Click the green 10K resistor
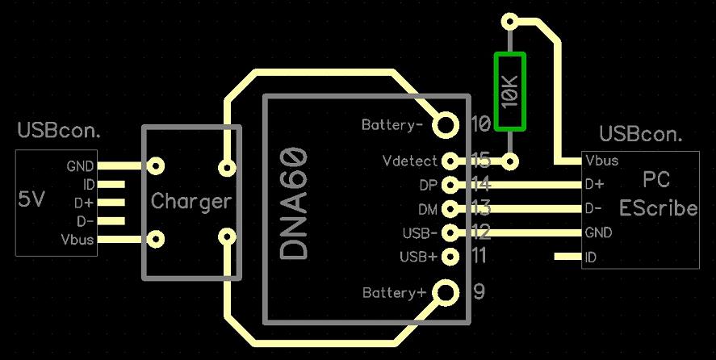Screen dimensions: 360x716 [x=510, y=91]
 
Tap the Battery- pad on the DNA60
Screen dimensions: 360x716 [x=445, y=124]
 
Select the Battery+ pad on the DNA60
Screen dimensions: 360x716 [x=445, y=292]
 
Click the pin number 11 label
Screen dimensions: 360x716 [x=480, y=257]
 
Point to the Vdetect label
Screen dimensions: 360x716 [x=409, y=161]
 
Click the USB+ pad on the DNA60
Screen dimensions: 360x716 [x=450, y=257]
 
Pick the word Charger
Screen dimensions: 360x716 [x=191, y=202]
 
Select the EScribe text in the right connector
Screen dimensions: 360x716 [x=658, y=208]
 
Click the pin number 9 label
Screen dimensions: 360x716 [x=479, y=291]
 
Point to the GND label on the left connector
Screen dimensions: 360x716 [x=81, y=166]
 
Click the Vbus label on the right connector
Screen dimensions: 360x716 [x=602, y=160]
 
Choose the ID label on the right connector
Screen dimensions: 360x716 [x=591, y=257]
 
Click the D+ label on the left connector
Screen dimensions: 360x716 [x=83, y=203]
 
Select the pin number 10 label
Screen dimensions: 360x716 [x=480, y=124]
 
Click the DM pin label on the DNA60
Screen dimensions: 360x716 [x=428, y=209]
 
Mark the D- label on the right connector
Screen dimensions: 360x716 [x=593, y=208]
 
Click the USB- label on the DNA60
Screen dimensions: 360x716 [x=419, y=233]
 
